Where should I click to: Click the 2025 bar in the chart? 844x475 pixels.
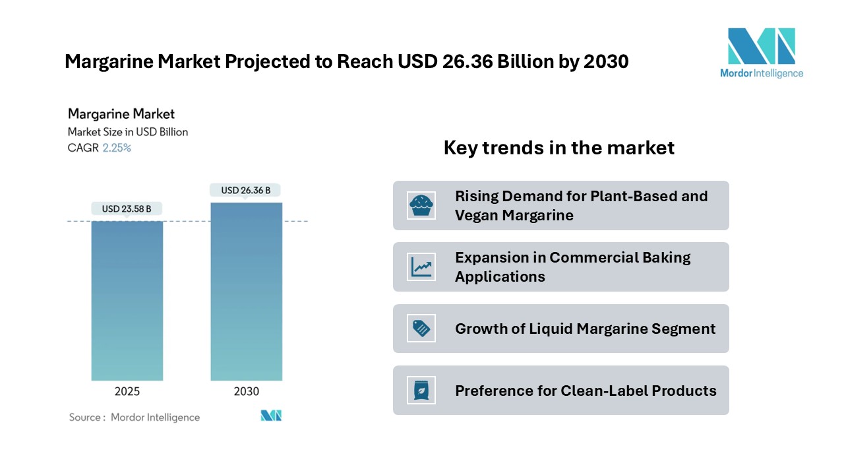127,301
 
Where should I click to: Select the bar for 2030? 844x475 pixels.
247,292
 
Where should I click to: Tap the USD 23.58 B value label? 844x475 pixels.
127,209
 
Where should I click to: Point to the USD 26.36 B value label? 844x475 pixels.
245,191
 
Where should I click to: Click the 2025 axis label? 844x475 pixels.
127,391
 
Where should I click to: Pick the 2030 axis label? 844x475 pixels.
247,391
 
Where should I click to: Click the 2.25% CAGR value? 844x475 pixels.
117,148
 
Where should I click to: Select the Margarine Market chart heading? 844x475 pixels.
121,114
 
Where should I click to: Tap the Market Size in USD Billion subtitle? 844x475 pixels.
128,132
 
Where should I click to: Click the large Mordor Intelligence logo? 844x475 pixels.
762,53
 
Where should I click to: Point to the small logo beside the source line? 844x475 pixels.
271,416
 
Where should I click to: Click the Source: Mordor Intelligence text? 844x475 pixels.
134,418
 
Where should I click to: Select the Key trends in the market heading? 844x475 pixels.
558,147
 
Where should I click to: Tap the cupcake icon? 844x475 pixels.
421,205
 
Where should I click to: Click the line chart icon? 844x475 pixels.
421,267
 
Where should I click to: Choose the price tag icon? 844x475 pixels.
421,329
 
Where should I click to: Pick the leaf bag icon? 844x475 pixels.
421,390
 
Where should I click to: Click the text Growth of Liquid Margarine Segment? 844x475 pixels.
585,329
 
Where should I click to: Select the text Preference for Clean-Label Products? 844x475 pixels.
586,391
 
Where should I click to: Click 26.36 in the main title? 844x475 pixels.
467,61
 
